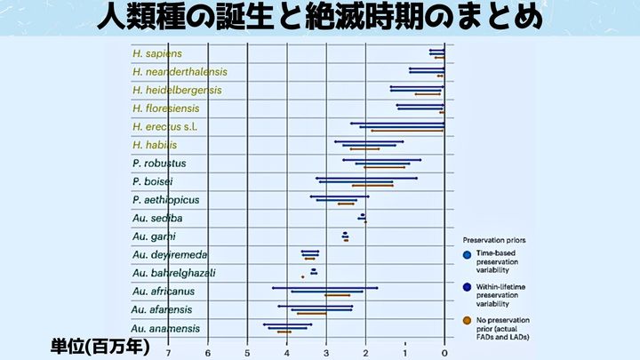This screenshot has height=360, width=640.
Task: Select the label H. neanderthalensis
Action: coord(179,72)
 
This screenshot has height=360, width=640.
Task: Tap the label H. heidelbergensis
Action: coord(176,90)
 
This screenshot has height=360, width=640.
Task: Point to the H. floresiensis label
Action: coord(165,108)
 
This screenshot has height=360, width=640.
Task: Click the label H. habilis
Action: coord(154,145)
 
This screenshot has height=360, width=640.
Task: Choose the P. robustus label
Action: coord(158,164)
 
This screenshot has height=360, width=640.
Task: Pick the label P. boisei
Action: coord(152,181)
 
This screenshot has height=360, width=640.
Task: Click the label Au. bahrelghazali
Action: coord(173,273)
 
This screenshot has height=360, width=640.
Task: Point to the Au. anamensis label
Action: coord(165,328)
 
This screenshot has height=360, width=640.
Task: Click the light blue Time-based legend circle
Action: coord(468,256)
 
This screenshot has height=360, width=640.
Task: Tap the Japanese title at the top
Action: coord(319,17)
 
